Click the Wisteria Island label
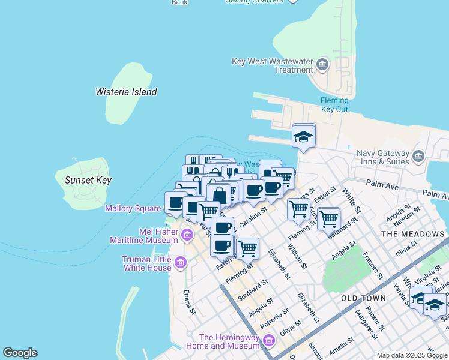[x=126, y=92]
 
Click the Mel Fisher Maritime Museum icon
[x=187, y=235]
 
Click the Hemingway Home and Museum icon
[x=268, y=341]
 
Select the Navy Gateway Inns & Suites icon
[x=418, y=157]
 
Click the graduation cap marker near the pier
[x=304, y=137]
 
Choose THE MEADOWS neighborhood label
[x=414, y=234]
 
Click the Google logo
[x=20, y=353]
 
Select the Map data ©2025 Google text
[x=412, y=355]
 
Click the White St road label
[x=350, y=200]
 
